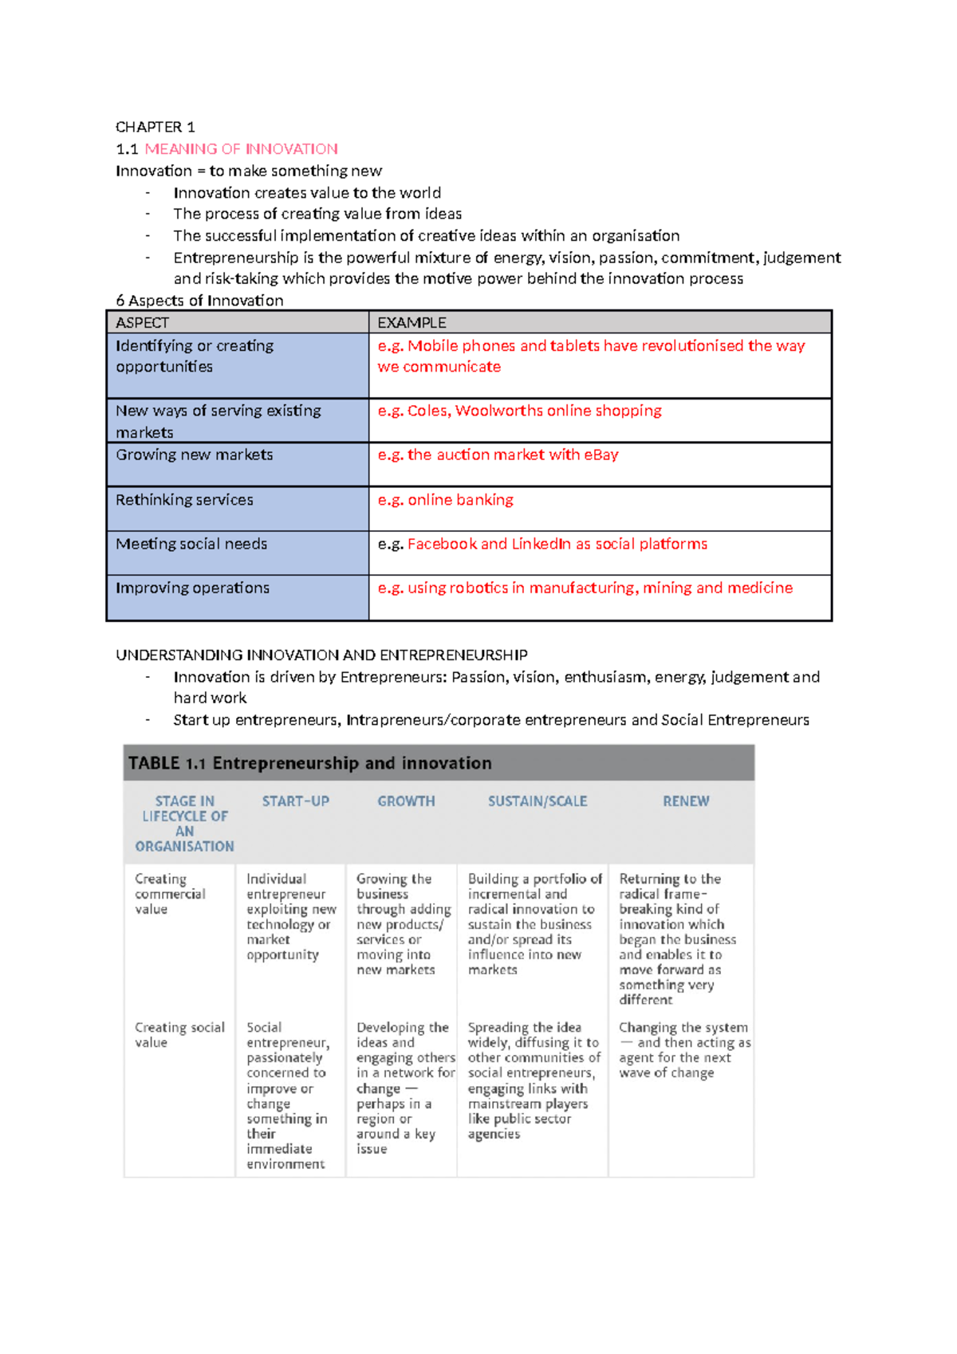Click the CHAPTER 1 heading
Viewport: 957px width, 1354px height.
click(x=155, y=127)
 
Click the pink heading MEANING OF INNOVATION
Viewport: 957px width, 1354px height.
click(x=241, y=149)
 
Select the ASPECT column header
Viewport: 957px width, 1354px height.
click(x=142, y=323)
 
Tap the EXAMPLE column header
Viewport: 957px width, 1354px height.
click(x=412, y=323)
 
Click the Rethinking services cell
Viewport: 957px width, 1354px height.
click(x=184, y=500)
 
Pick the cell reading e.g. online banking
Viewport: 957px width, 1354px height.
click(x=445, y=500)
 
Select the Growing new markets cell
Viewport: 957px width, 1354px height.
click(x=194, y=455)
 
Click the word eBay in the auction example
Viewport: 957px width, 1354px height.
click(x=601, y=455)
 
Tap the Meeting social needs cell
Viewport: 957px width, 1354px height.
click(x=191, y=544)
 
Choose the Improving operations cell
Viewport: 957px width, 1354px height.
click(x=192, y=588)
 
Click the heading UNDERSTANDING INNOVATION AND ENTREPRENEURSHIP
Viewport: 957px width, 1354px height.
click(x=321, y=655)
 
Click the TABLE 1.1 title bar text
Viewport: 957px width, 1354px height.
click(x=309, y=763)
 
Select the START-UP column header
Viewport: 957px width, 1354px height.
click(x=295, y=801)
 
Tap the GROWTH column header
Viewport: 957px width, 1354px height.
click(x=406, y=801)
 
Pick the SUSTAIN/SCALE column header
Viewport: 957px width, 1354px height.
click(x=538, y=801)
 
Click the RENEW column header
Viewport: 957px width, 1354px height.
click(x=686, y=801)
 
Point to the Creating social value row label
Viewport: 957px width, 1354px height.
click(x=179, y=1035)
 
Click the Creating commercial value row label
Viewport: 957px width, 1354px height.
click(x=170, y=894)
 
